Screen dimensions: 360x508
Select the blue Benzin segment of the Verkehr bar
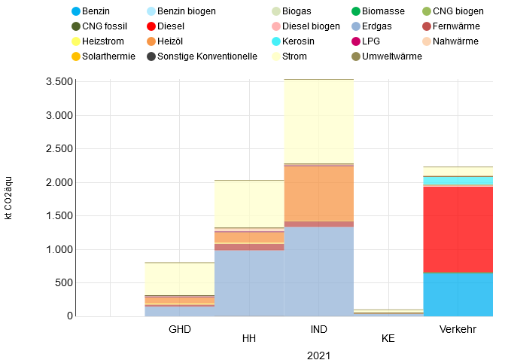[458, 294]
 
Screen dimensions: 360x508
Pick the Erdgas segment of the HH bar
[249, 283]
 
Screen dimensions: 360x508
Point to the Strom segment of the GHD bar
[180, 279]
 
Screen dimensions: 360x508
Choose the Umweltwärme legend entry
[392, 56]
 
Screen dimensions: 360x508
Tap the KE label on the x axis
[388, 339]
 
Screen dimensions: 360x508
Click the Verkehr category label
[458, 330]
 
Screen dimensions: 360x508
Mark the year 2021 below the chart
[318, 355]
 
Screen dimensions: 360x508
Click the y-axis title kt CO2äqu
[8, 197]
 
